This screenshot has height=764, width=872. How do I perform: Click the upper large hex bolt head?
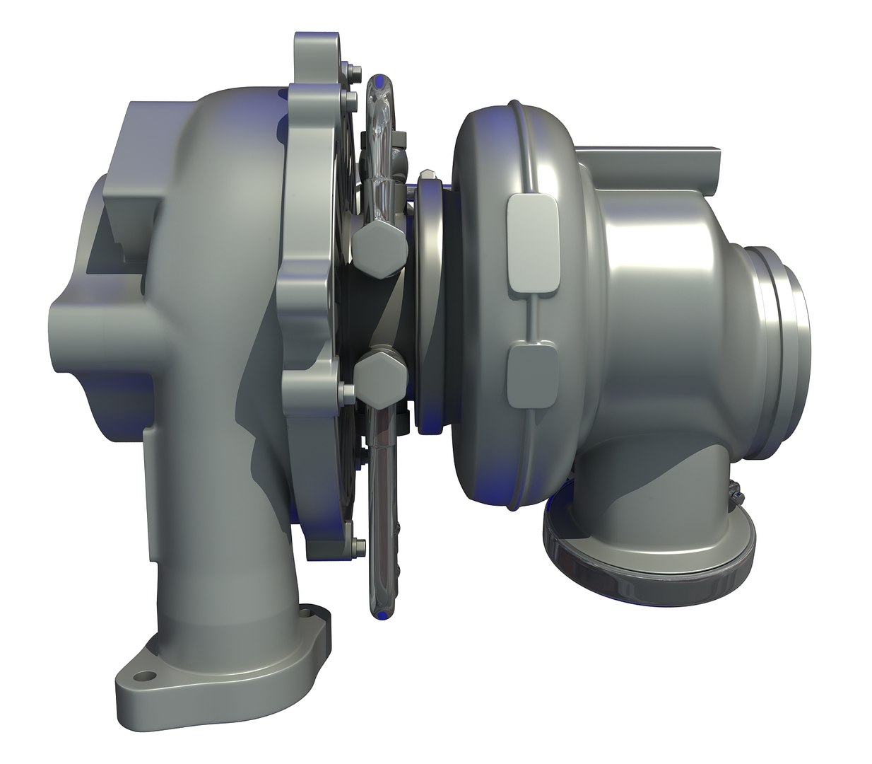379,250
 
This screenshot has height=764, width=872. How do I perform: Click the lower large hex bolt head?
379,376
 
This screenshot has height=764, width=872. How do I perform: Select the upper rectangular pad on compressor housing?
531,243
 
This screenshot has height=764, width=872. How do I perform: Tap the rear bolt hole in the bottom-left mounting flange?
307,613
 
